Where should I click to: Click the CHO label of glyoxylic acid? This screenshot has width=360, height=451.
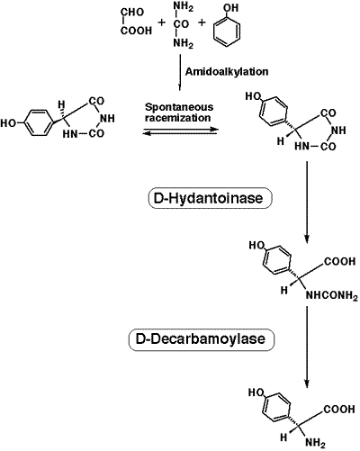132,13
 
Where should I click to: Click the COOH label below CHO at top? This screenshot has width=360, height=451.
137,31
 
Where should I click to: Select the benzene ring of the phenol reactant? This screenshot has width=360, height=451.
227,32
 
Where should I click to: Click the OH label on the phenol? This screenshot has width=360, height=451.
231,8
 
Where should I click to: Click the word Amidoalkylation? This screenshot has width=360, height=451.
227,72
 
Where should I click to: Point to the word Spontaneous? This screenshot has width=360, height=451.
179,107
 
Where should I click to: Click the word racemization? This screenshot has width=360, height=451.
177,118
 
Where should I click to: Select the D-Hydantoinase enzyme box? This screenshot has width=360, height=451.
211,198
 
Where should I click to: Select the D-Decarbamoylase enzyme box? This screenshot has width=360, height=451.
202,339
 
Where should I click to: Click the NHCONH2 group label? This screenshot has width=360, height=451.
331,296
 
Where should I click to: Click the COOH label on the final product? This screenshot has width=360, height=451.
340,410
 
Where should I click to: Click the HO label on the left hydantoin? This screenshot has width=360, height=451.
8,123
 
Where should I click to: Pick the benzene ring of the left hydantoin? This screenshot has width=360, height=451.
36,123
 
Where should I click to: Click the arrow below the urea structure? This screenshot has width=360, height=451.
180,72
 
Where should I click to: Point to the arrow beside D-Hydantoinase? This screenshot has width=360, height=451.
307,202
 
